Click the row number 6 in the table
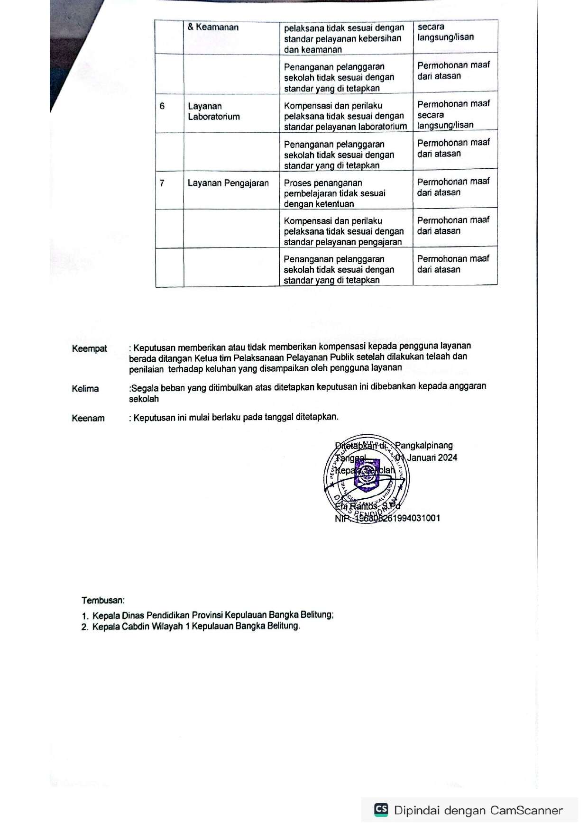pyautogui.click(x=162, y=106)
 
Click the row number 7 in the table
pyautogui.click(x=162, y=183)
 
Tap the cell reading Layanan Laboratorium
pyautogui.click(x=213, y=111)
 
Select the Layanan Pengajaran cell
pyautogui.click(x=228, y=183)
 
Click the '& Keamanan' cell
pyautogui.click(x=213, y=27)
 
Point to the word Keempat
pyautogui.click(x=90, y=349)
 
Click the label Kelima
pyautogui.click(x=85, y=389)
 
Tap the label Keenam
pyautogui.click(x=88, y=418)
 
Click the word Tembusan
pyautogui.click(x=103, y=600)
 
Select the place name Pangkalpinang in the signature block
pyautogui.click(x=424, y=446)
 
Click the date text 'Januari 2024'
pyautogui.click(x=432, y=457)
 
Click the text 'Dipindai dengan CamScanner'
pyautogui.click(x=478, y=810)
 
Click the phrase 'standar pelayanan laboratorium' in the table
pyautogui.click(x=345, y=127)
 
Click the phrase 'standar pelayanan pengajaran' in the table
pyautogui.click(x=342, y=242)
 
